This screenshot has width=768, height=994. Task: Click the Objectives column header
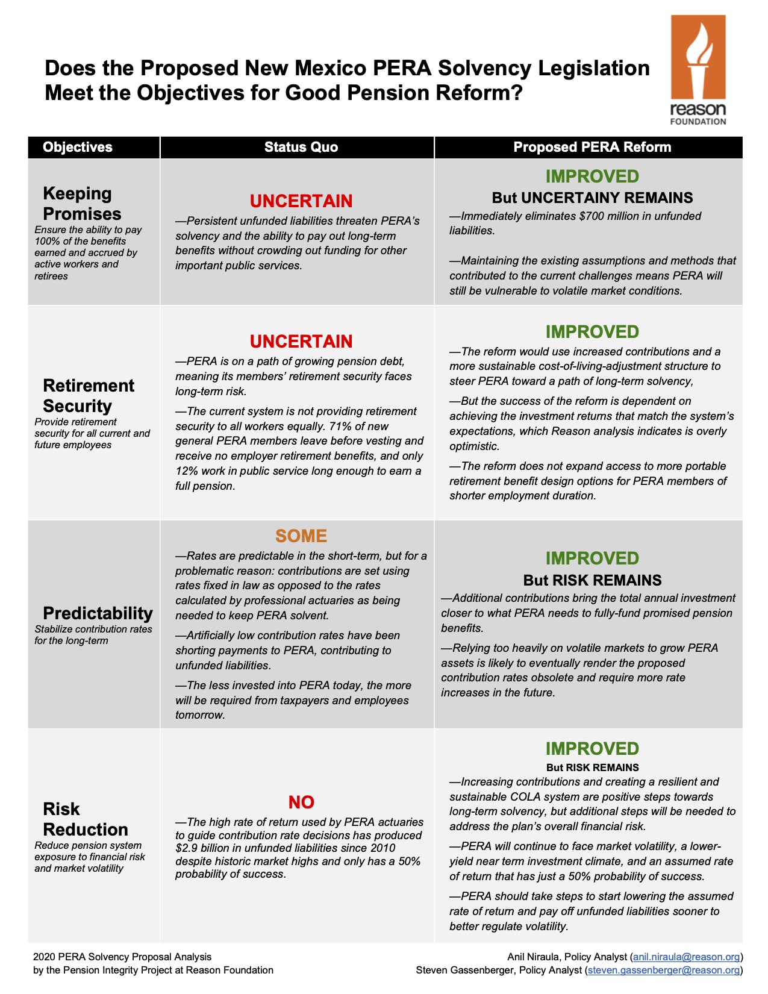click(x=78, y=147)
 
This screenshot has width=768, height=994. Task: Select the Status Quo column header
click(x=301, y=147)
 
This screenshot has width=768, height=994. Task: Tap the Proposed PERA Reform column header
click(x=592, y=147)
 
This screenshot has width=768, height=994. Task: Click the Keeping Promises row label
click(x=82, y=204)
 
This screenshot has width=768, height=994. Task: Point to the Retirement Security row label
click(x=89, y=396)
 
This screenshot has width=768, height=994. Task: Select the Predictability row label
click(x=98, y=613)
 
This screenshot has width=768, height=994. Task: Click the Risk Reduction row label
click(x=85, y=819)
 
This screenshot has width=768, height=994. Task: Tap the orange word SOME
click(x=301, y=536)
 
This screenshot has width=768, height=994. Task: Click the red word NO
click(x=301, y=802)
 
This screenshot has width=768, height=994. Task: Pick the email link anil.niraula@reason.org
click(x=686, y=957)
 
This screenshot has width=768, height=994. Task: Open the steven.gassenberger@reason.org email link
click(x=664, y=970)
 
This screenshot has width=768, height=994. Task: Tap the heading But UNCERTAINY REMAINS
click(x=592, y=198)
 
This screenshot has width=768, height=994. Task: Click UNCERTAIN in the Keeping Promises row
click(x=301, y=201)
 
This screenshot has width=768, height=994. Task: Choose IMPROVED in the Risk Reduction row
click(x=592, y=748)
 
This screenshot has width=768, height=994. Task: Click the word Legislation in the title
click(x=594, y=68)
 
